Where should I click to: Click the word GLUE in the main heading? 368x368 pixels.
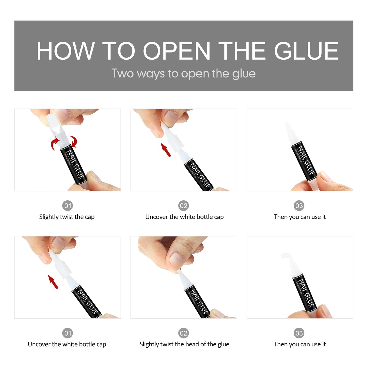coord(306,51)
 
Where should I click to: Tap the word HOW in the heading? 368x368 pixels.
coord(66,51)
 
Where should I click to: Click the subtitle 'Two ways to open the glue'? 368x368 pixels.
coord(183,74)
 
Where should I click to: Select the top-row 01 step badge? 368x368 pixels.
coord(67,206)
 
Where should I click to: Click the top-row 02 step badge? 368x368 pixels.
coord(183,206)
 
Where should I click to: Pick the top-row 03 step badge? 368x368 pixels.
coord(299,206)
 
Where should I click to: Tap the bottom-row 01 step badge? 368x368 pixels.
coord(67,333)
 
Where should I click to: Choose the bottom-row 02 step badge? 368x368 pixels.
coord(183,333)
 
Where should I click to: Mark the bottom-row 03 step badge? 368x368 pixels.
coord(299,333)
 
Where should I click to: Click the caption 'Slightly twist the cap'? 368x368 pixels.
coord(67,217)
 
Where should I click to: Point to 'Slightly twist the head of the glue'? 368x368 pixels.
coord(184,344)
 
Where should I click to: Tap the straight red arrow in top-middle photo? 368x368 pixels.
coord(166,150)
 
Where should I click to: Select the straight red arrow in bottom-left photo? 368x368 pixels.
coord(53,282)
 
